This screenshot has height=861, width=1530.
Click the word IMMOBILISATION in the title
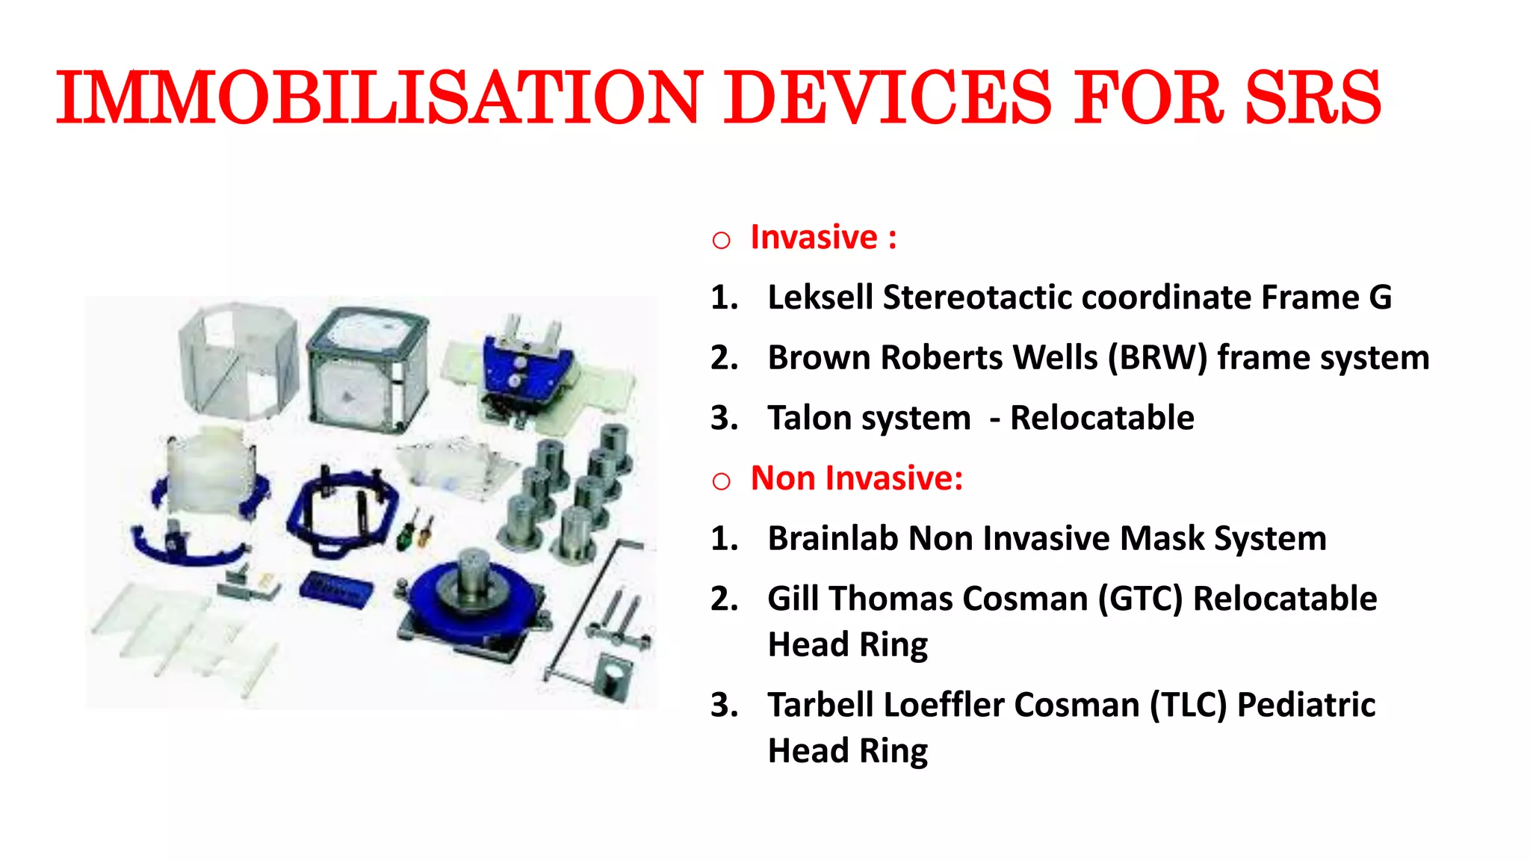[377, 98]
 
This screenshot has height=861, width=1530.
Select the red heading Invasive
[814, 238]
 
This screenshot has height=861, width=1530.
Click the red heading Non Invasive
[856, 478]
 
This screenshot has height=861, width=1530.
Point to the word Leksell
[820, 297]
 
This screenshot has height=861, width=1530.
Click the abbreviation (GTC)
[1140, 599]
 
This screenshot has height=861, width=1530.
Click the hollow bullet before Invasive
[721, 241]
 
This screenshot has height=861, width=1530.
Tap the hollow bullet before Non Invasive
[721, 481]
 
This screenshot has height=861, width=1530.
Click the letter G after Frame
[1380, 297]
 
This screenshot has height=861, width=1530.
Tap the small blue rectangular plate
[335, 590]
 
